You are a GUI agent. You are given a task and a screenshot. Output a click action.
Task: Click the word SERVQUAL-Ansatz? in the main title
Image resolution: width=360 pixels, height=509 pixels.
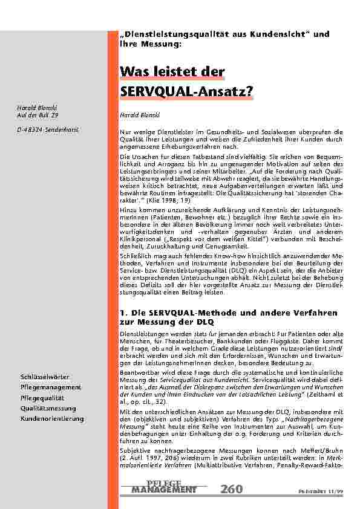[x=187, y=91]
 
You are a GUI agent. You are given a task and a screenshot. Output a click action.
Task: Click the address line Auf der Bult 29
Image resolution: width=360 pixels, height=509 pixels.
[x=38, y=114]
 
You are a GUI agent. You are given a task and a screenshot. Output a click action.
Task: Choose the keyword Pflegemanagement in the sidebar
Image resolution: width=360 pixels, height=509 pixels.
[x=51, y=386]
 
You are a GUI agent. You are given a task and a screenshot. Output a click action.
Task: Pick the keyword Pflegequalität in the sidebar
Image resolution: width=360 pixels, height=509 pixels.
[x=43, y=398]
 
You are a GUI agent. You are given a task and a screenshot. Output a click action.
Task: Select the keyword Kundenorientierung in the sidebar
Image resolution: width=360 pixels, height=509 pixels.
[x=52, y=418]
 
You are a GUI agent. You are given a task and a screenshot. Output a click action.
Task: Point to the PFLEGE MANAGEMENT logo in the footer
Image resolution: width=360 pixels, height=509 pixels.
[x=164, y=486]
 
